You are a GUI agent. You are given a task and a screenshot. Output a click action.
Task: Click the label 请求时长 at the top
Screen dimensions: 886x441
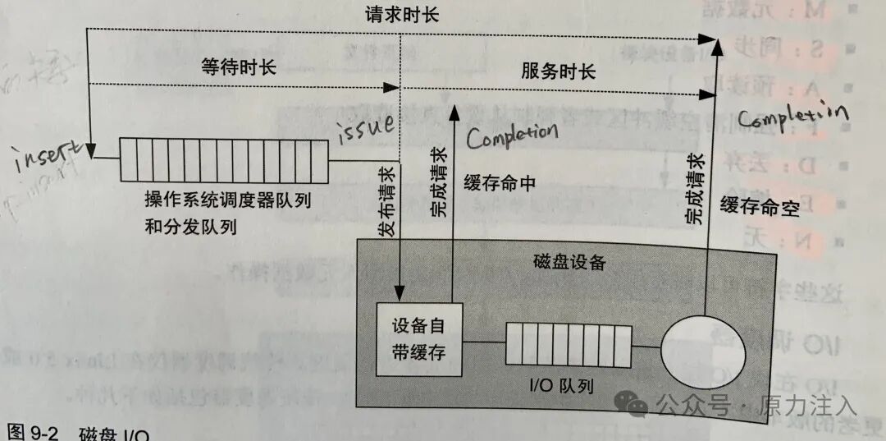(x=398, y=15)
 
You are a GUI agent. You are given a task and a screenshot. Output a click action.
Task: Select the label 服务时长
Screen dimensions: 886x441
(x=558, y=71)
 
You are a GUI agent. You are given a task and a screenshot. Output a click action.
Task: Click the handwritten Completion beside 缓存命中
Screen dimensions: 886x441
(x=511, y=132)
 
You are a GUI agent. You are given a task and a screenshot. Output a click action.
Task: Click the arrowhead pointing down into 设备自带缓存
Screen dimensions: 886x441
(x=400, y=292)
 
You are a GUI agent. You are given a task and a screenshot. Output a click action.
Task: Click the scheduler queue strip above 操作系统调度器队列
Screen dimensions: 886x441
(x=224, y=159)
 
